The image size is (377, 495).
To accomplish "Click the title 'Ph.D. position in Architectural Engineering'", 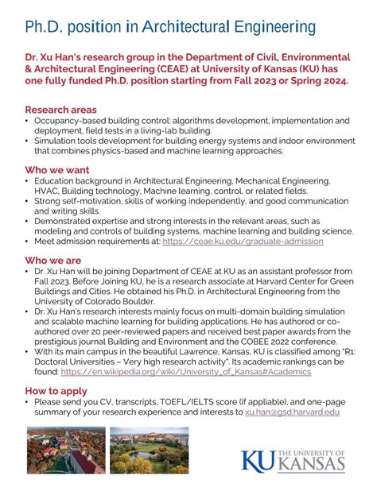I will pyautogui.click(x=170, y=28).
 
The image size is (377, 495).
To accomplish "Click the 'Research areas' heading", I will pyautogui.click(x=61, y=110).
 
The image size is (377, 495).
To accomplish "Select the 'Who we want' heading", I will pyautogui.click(x=57, y=170).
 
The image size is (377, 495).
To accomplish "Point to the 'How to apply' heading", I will pyautogui.click(x=57, y=391).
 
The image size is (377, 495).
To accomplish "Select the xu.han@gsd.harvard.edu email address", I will pyautogui.click(x=293, y=412).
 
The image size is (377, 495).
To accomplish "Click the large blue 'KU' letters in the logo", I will pyautogui.click(x=258, y=462).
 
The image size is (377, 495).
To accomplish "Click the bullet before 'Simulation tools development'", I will pyautogui.click(x=28, y=140).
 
